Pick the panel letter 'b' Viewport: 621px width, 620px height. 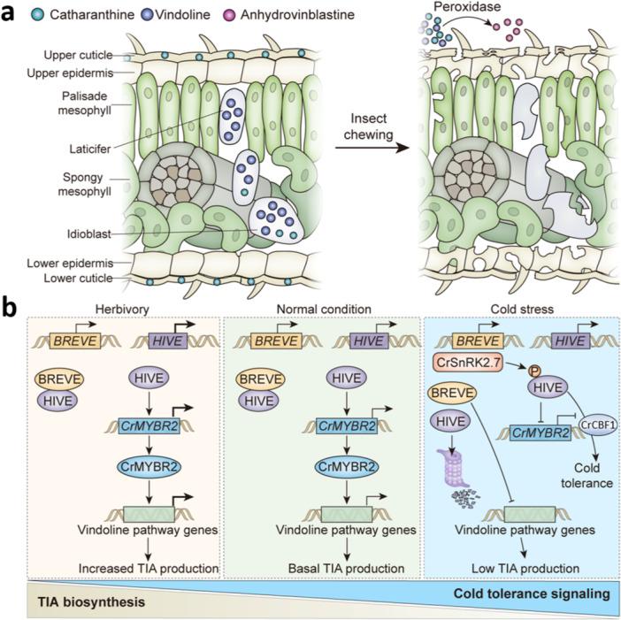point(12,311)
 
